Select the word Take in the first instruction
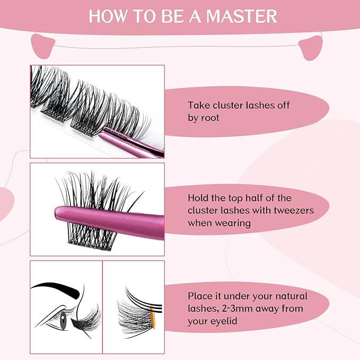198,105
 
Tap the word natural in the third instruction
288,295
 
